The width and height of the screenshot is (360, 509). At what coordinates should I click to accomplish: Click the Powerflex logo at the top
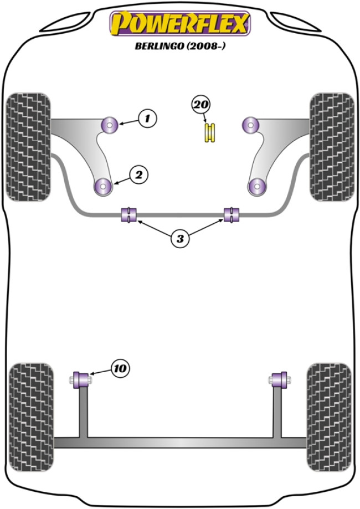pyautogui.click(x=180, y=24)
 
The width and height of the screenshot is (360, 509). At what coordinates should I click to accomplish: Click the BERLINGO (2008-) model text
pyautogui.click(x=180, y=47)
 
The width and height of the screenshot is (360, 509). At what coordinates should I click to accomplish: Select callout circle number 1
pyautogui.click(x=147, y=117)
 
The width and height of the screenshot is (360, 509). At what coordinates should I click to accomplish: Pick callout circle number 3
pyautogui.click(x=179, y=239)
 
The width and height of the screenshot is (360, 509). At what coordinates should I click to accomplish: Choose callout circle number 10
pyautogui.click(x=120, y=368)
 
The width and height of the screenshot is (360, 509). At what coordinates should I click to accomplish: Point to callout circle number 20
pyautogui.click(x=201, y=104)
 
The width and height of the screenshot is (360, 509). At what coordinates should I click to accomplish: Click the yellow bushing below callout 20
pyautogui.click(x=210, y=133)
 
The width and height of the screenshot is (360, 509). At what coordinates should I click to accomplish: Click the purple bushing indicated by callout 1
pyautogui.click(x=110, y=124)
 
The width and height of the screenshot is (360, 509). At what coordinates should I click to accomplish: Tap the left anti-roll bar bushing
pyautogui.click(x=128, y=214)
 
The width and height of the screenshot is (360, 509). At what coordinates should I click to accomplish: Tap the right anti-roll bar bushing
pyautogui.click(x=231, y=214)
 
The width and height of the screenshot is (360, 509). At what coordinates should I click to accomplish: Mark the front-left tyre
pyautogui.click(x=28, y=146)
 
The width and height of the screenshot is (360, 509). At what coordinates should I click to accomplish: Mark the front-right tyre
pyautogui.click(x=331, y=146)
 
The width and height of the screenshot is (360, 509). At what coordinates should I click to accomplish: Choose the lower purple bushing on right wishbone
pyautogui.click(x=257, y=186)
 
